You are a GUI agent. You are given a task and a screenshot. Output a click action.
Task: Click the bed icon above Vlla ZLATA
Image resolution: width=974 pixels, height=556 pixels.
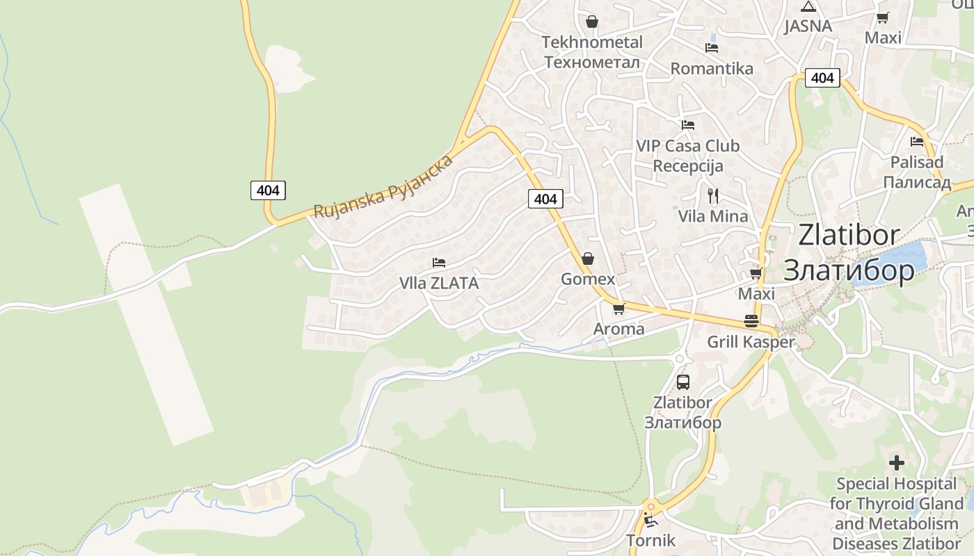[x=439, y=263]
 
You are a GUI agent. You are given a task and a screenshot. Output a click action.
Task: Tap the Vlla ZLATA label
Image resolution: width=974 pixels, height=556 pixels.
[x=439, y=284]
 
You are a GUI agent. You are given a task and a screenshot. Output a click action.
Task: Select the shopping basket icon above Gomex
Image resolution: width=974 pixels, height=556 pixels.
[x=588, y=259]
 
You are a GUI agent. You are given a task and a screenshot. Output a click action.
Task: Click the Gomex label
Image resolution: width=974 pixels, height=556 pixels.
[x=588, y=279]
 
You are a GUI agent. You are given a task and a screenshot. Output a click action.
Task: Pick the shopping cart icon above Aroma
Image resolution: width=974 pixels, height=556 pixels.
[x=618, y=309]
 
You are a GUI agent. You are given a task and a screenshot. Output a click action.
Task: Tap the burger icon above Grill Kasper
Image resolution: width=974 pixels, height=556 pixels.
[x=751, y=321]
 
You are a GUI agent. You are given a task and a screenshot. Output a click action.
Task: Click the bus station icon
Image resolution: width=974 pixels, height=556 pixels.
[x=683, y=382]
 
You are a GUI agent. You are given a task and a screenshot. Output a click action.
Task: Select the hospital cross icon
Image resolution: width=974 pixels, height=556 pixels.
[x=897, y=462]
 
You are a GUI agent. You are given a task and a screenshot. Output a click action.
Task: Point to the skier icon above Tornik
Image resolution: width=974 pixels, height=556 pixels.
[x=650, y=519]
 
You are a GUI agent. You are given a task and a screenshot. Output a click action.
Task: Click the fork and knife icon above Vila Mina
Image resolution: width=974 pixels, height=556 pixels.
[x=712, y=195]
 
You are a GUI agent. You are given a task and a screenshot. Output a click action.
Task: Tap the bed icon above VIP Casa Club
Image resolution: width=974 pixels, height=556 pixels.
[x=688, y=125]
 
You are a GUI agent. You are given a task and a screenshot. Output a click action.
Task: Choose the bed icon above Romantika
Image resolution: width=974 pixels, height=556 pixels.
[x=712, y=48]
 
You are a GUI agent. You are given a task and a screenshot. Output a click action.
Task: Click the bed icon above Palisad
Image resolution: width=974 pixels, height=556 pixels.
[x=917, y=142]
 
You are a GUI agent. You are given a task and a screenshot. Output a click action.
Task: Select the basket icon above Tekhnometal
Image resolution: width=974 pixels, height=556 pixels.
[x=592, y=22]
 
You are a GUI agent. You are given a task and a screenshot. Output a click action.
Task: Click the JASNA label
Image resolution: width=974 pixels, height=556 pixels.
[x=808, y=26]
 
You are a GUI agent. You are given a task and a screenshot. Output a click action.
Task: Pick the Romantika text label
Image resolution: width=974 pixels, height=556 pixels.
[x=712, y=69]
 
